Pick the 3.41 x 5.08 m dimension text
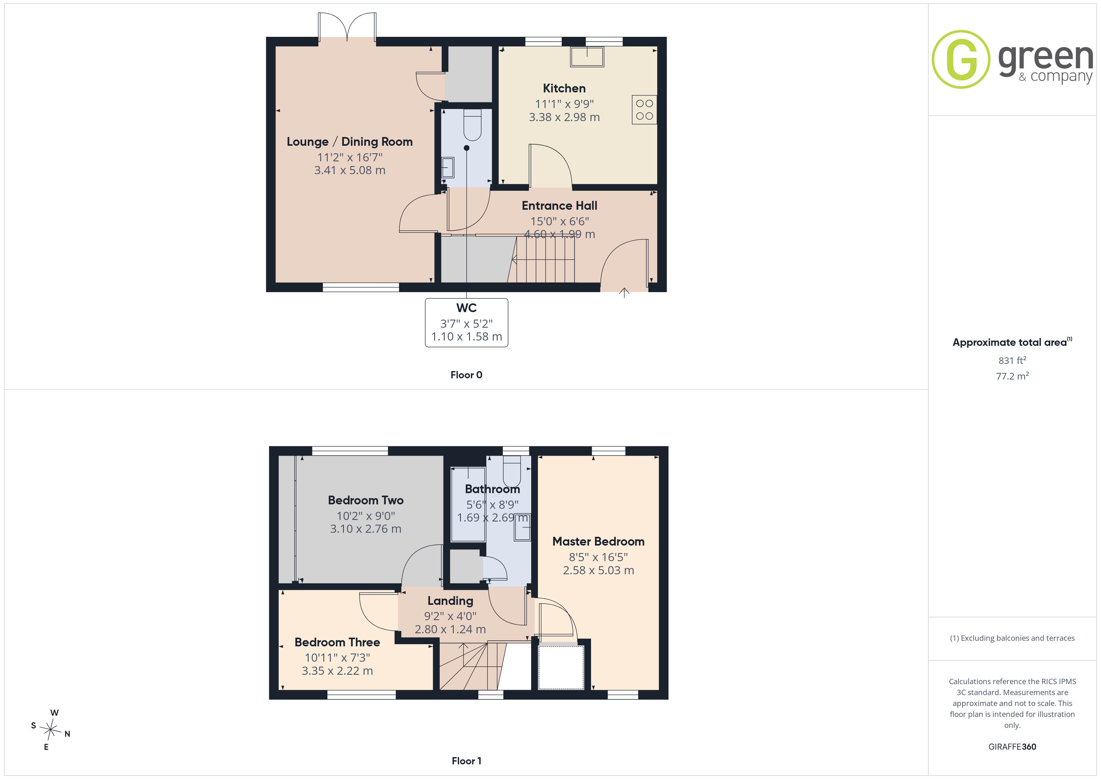350,170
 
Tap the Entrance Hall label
559,205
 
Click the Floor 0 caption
466,375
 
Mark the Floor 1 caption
466,761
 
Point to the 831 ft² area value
1012,360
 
